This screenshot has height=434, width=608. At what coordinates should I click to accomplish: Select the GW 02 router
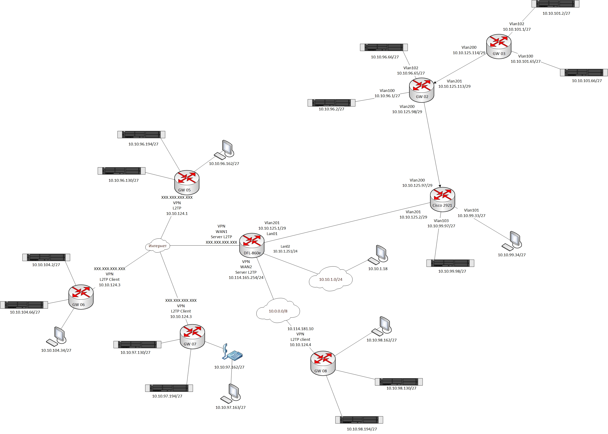coord(421,90)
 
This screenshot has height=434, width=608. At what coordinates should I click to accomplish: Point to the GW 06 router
coord(81,297)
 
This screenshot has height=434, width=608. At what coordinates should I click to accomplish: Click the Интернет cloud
coord(158,245)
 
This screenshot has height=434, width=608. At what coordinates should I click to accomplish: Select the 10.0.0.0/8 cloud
coord(278,311)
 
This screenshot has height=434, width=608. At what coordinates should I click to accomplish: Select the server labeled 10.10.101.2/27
coord(555,4)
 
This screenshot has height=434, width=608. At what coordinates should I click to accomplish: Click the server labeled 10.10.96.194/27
coord(141,135)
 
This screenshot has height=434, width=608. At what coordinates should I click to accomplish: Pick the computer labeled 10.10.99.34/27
coord(512,241)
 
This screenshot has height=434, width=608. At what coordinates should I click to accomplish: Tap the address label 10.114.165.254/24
coord(246,278)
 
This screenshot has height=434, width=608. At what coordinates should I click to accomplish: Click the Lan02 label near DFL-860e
coord(285,246)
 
